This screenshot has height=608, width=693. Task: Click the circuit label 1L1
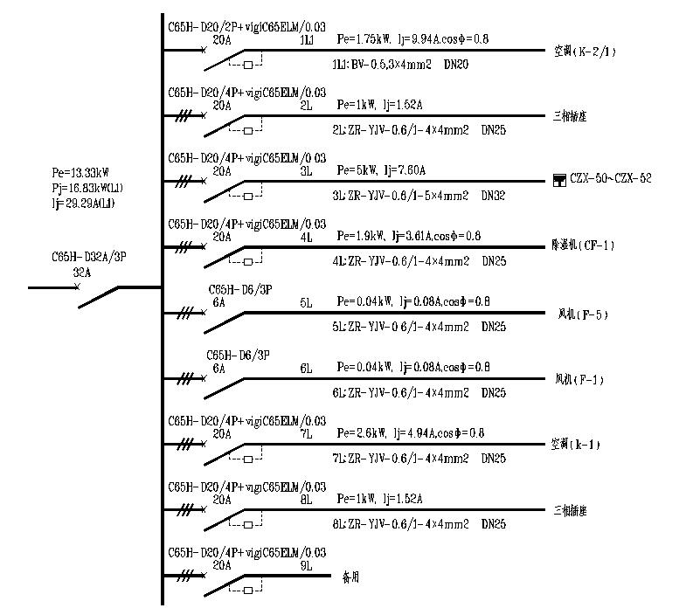click(x=307, y=40)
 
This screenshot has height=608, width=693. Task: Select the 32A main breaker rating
click(x=82, y=273)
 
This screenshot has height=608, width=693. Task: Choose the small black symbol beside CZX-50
click(x=560, y=181)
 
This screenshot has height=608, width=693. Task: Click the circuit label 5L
click(x=306, y=302)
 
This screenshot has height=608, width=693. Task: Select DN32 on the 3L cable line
click(x=494, y=196)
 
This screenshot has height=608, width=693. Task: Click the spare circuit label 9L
click(x=306, y=565)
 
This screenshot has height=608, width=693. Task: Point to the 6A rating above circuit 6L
click(x=218, y=369)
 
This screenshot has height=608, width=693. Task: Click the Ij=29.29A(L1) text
click(x=83, y=203)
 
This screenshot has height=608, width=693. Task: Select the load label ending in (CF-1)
click(x=584, y=245)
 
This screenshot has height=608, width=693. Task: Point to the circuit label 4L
click(x=306, y=237)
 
